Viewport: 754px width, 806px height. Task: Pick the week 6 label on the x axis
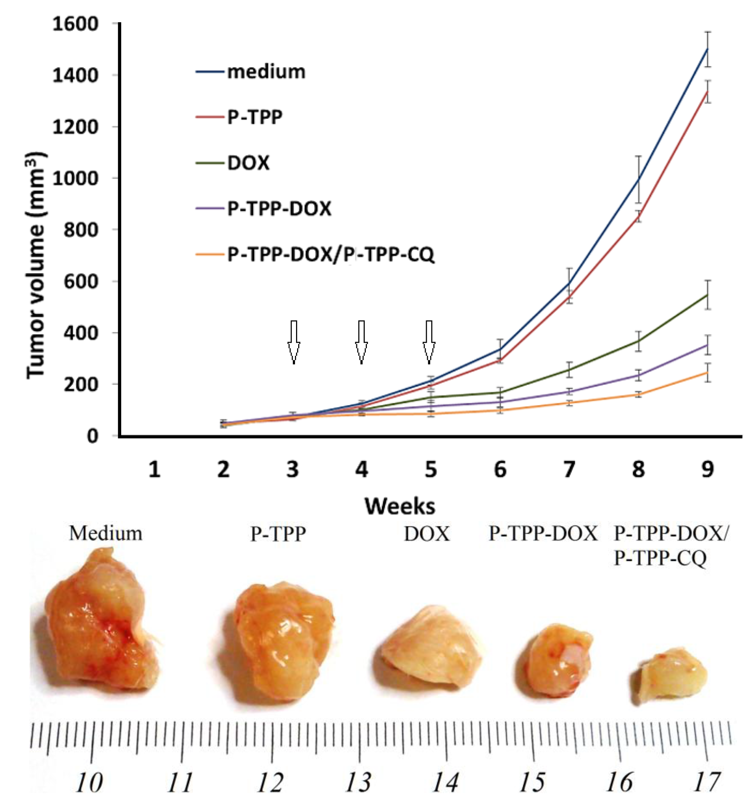pyautogui.click(x=500, y=470)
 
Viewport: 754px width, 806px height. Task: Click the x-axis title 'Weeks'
pyautogui.click(x=400, y=506)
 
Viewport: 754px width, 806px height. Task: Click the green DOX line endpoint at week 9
pyautogui.click(x=707, y=295)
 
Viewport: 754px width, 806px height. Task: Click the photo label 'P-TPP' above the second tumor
pyautogui.click(x=278, y=534)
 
